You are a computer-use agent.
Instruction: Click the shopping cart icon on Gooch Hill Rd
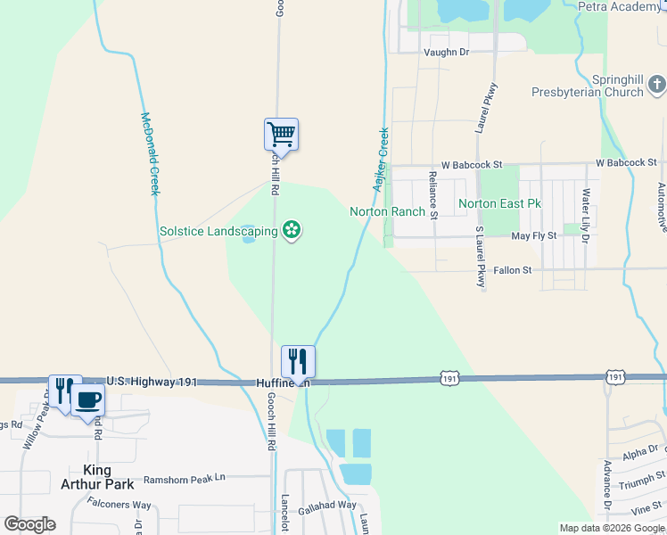click(x=281, y=135)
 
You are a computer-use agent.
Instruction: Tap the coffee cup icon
click(x=87, y=400)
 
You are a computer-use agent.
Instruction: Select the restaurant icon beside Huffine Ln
click(x=298, y=361)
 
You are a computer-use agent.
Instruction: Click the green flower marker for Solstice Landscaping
click(x=291, y=231)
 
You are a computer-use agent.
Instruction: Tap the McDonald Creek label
click(x=149, y=153)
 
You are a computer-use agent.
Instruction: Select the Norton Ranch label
click(x=387, y=211)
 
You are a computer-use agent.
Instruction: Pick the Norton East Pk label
click(x=499, y=203)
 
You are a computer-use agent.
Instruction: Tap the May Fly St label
click(x=533, y=235)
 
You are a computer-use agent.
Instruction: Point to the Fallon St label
click(x=512, y=269)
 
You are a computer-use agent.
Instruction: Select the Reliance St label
click(x=433, y=194)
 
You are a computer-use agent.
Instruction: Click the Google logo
click(x=29, y=524)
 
